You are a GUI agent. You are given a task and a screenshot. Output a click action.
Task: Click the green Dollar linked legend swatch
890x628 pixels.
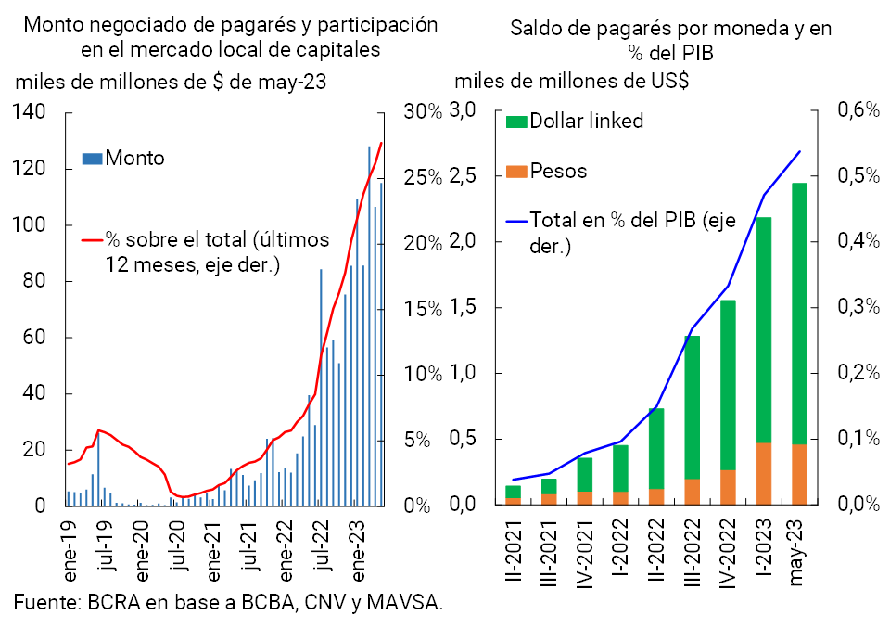tap(515, 122)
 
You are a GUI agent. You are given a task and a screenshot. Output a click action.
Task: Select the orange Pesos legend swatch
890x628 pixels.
tap(515, 172)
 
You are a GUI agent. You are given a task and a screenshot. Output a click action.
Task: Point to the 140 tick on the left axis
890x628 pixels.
tap(31, 112)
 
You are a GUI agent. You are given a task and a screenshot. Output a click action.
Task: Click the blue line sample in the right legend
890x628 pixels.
tap(515, 222)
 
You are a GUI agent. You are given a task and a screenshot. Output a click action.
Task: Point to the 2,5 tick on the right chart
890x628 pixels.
tap(462, 176)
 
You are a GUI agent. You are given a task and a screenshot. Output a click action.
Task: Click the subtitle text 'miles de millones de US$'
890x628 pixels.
tap(571, 81)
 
